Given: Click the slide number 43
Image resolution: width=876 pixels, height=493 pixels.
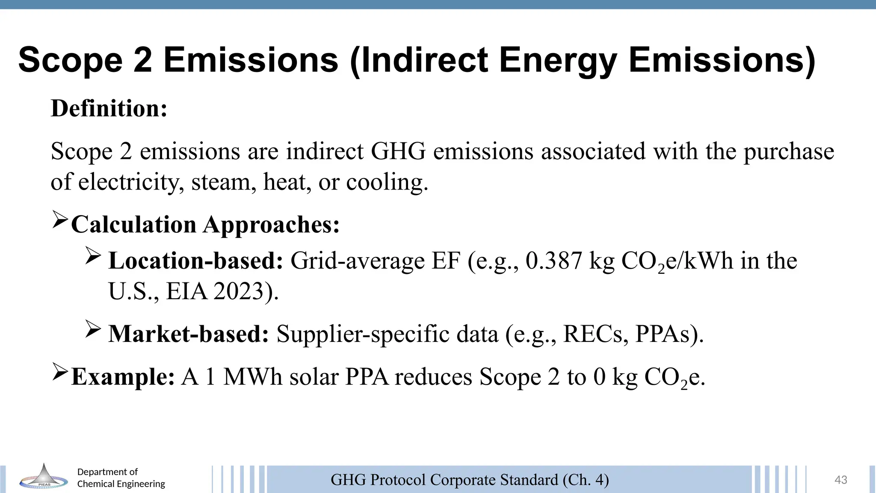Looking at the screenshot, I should (840, 480).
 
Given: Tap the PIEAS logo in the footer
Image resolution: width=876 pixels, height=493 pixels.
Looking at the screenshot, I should (44, 477).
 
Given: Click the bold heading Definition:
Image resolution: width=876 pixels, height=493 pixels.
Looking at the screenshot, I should (109, 108).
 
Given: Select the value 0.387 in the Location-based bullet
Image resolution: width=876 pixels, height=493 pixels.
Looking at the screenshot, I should (554, 261).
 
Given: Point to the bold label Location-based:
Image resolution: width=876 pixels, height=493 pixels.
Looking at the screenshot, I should (195, 261).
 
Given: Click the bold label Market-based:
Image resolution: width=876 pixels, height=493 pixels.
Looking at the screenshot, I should (189, 334).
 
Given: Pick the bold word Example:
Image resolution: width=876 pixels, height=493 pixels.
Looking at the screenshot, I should (123, 377).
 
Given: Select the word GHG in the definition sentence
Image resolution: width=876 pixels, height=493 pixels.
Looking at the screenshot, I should (398, 151).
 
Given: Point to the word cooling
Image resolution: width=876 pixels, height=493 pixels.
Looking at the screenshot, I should (387, 182).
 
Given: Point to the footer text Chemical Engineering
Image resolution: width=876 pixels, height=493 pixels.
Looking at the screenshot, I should (121, 484).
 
